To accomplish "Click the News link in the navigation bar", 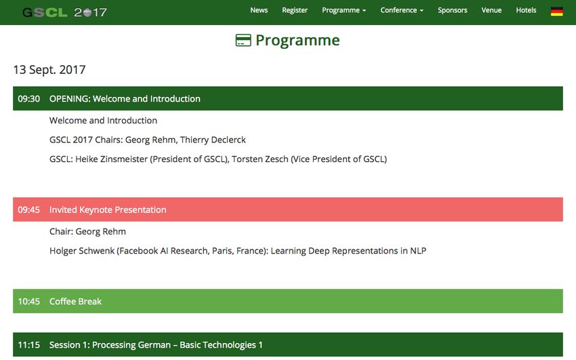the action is (259, 10).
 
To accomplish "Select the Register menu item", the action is (295, 10).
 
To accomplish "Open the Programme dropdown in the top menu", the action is (344, 10).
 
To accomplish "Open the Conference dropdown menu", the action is (402, 10).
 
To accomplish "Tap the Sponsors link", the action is (453, 10).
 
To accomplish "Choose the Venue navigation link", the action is (491, 10).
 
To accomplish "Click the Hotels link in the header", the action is (526, 10).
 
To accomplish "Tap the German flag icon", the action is (557, 12).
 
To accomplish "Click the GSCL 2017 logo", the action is (64, 12).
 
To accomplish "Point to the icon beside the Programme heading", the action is (243, 41).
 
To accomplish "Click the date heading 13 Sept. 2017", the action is (49, 70).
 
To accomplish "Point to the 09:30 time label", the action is (28, 99).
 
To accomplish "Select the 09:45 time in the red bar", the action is (28, 209).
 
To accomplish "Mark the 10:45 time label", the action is (28, 302).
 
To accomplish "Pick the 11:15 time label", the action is (28, 345).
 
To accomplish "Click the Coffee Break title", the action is (75, 302).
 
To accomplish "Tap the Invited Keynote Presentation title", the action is (108, 209).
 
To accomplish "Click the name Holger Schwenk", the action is (82, 251).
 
